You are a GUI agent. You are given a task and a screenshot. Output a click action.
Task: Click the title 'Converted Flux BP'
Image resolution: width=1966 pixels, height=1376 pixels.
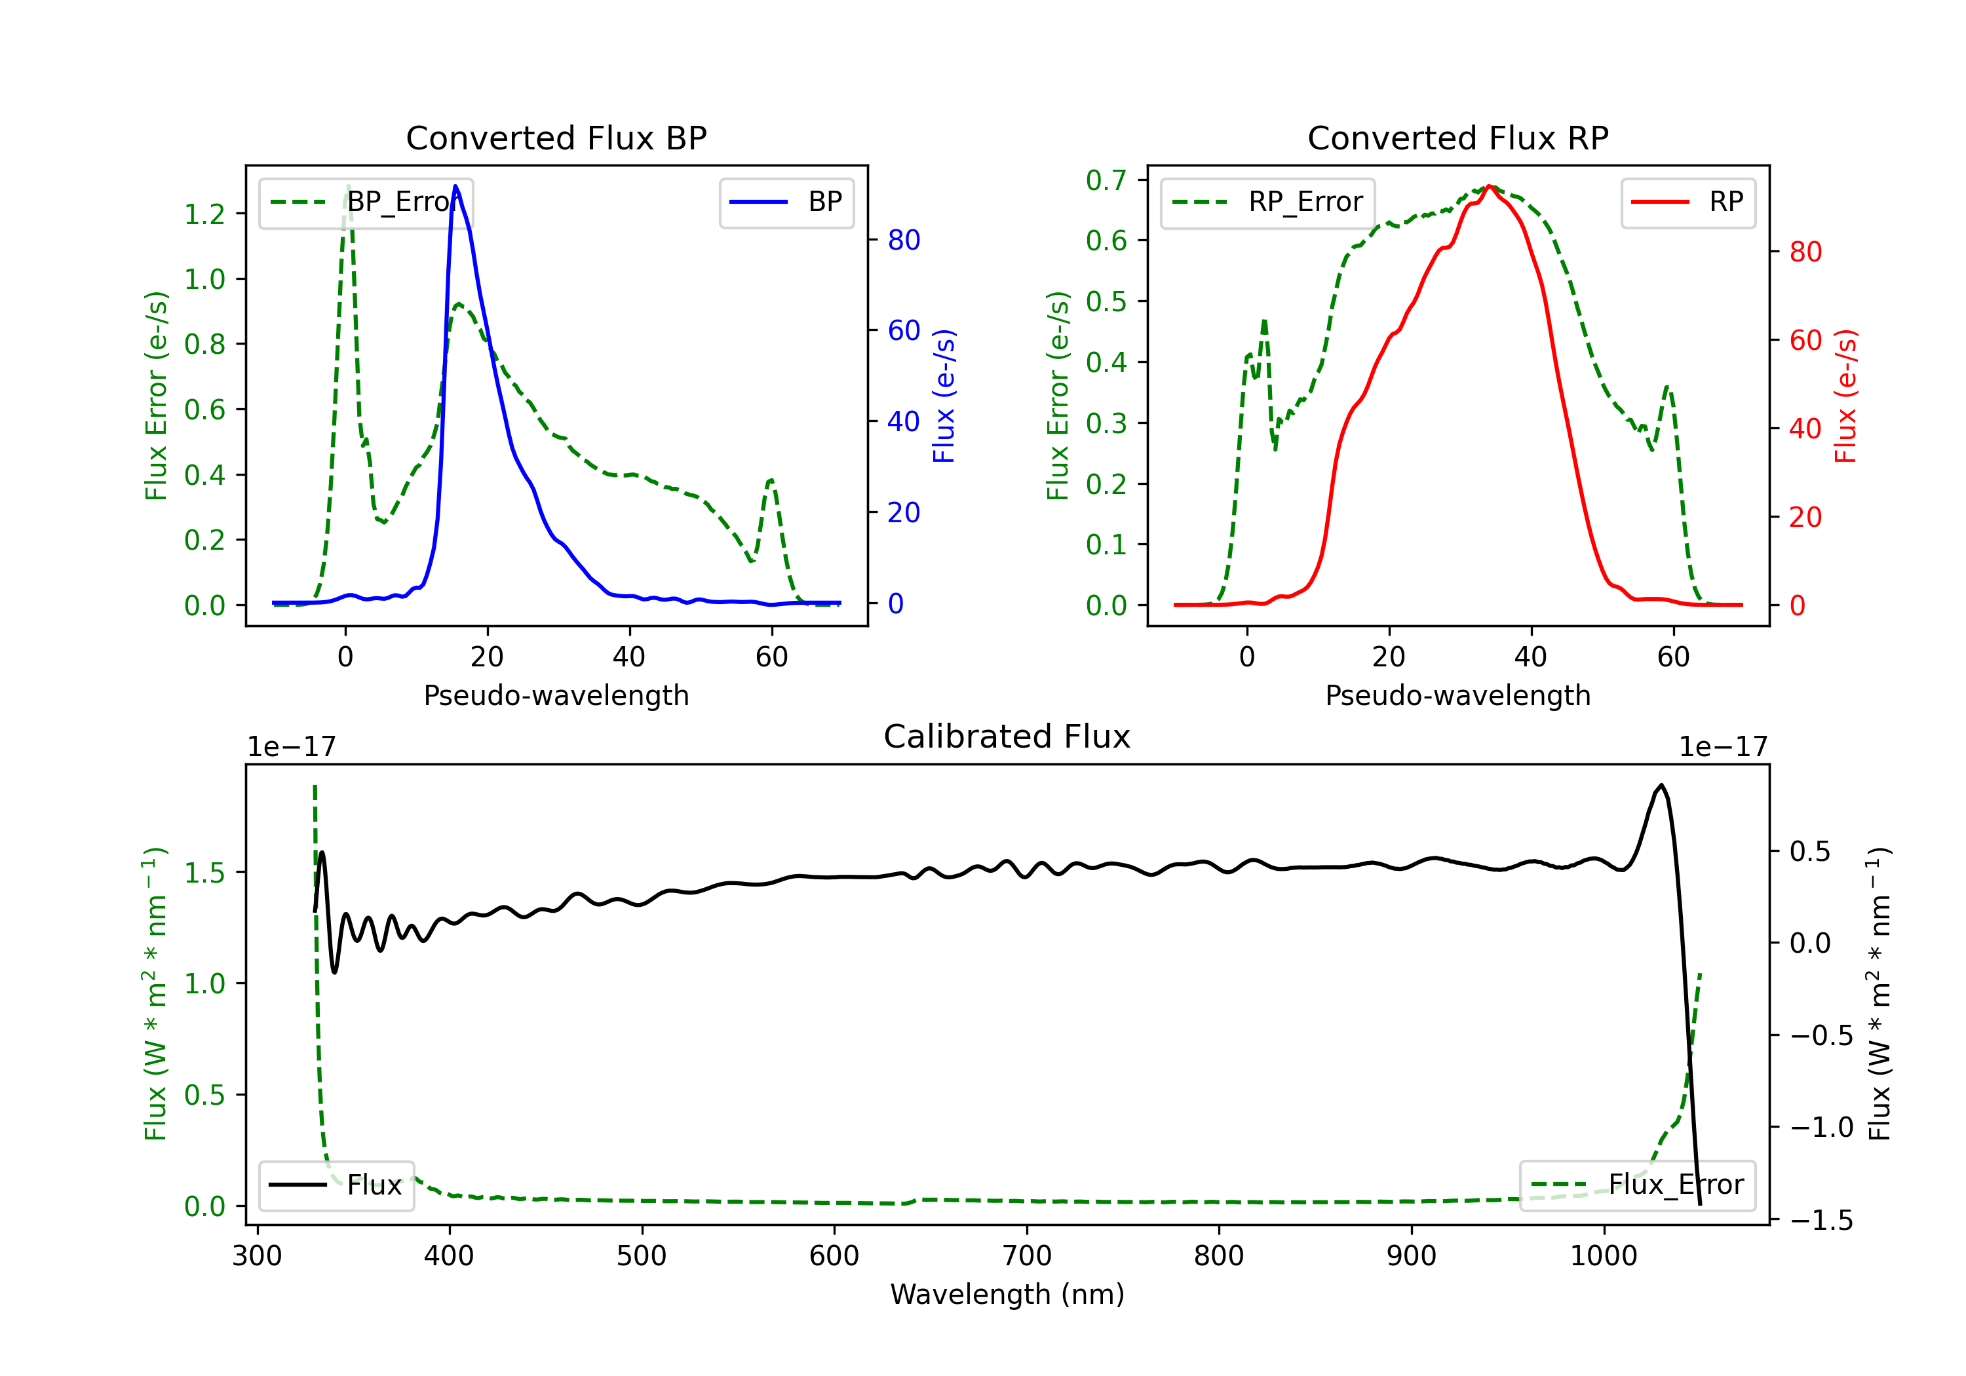coord(556,138)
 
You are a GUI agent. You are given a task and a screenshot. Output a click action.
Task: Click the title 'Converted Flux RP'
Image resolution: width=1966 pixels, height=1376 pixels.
coord(1457,138)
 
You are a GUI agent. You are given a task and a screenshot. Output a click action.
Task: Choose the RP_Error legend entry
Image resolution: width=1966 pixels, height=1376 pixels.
coord(1268,202)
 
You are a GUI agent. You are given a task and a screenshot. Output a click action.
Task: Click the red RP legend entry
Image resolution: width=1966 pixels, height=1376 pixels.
coord(1687,202)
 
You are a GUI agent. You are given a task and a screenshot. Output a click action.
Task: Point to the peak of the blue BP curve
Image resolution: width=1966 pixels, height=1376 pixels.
coord(455,186)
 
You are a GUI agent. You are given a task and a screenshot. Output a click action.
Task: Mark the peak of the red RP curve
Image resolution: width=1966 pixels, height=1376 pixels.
coord(1490,186)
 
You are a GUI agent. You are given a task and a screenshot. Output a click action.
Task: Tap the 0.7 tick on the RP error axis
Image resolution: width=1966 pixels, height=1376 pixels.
coord(1106,180)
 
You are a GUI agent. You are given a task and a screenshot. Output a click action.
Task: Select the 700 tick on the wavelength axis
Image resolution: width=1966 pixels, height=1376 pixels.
coord(1027,1256)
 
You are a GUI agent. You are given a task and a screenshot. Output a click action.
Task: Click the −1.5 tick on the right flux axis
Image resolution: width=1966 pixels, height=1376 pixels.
coord(1821,1220)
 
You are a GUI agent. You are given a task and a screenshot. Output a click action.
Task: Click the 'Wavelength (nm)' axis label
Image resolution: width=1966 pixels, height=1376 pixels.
coord(1007,1295)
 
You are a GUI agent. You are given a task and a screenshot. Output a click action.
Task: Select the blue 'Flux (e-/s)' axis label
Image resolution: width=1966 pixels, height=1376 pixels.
coord(944,396)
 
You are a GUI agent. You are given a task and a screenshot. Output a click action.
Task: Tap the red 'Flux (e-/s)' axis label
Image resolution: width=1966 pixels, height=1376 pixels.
coord(1845,396)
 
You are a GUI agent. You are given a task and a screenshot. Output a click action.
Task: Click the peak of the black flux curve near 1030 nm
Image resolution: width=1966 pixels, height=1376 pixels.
coord(1661,785)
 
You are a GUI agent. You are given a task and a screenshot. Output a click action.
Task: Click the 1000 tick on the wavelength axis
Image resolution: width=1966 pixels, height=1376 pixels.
coord(1603,1256)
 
